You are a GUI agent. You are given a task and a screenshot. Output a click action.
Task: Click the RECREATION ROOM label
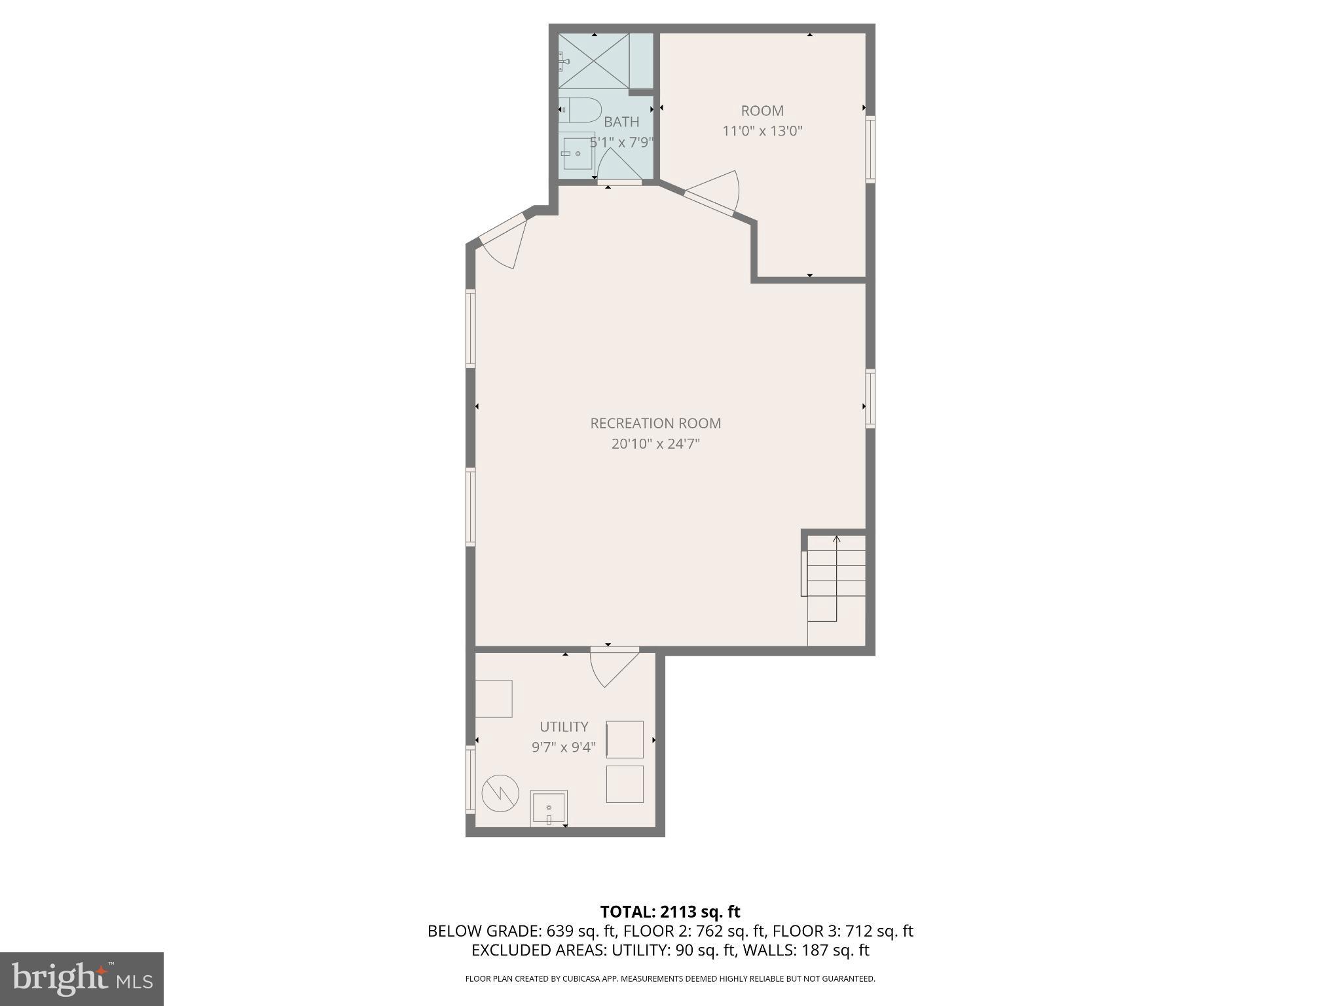tap(655, 423)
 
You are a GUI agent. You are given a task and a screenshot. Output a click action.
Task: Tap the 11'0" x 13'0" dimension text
tap(762, 130)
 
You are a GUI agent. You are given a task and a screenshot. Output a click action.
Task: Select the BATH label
tap(621, 122)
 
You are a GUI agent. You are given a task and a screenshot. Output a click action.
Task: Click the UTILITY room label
tap(564, 726)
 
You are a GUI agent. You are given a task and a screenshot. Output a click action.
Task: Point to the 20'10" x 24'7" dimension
tap(655, 444)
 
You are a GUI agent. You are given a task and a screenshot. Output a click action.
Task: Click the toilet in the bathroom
tap(581, 110)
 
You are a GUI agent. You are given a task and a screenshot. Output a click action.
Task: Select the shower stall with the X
tap(593, 62)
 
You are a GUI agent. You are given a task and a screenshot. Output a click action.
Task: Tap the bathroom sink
tap(577, 153)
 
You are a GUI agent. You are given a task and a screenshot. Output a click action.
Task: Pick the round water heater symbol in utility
tap(500, 794)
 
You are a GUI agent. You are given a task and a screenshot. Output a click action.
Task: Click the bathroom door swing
tap(618, 166)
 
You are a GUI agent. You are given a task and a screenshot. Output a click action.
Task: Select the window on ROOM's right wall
tap(870, 149)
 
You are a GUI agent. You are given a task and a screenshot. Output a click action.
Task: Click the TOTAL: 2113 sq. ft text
tap(670, 912)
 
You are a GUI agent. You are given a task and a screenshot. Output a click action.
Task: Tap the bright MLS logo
tap(82, 978)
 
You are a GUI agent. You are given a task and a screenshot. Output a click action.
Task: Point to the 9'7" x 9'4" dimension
tap(564, 747)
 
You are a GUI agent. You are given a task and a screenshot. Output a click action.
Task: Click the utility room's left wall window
tap(470, 779)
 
